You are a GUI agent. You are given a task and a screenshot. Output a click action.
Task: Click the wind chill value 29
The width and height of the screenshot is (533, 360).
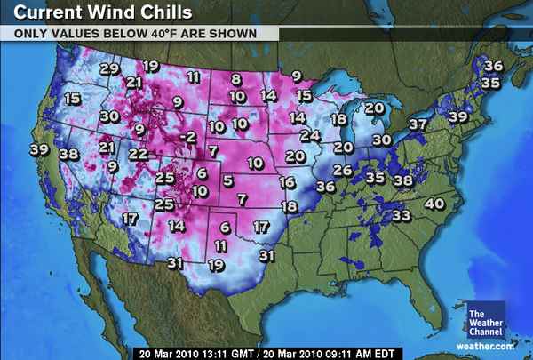(109, 68)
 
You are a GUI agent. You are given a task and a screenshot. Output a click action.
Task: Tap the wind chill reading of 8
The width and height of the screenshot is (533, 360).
(236, 79)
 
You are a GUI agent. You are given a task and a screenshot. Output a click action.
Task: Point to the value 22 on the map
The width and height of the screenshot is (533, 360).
(139, 154)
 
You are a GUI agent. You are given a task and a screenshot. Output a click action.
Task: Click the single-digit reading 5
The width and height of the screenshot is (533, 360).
(228, 181)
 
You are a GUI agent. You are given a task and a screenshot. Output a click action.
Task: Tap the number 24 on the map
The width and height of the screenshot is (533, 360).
(309, 136)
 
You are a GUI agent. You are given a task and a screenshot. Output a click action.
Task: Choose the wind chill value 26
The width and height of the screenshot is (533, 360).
(342, 170)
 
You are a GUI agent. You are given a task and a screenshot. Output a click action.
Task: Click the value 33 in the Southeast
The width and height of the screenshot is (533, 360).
(402, 215)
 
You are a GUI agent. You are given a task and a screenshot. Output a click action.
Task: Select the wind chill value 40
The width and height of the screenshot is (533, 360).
(434, 204)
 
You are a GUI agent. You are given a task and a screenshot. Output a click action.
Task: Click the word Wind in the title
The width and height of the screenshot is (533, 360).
(109, 12)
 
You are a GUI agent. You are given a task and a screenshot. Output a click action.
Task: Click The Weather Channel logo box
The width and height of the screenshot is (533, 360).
(485, 321)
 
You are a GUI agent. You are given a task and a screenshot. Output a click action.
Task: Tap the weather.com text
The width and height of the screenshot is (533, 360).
(485, 346)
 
